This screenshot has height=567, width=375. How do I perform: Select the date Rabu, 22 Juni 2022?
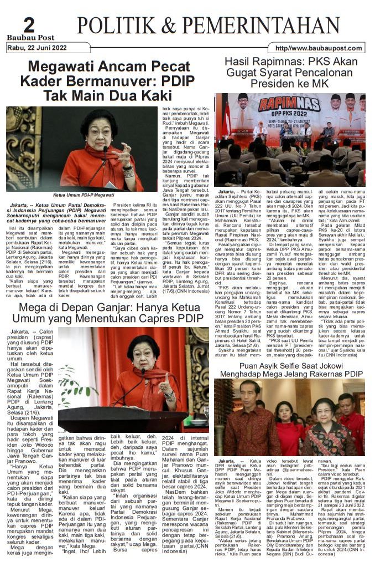[37, 48]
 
